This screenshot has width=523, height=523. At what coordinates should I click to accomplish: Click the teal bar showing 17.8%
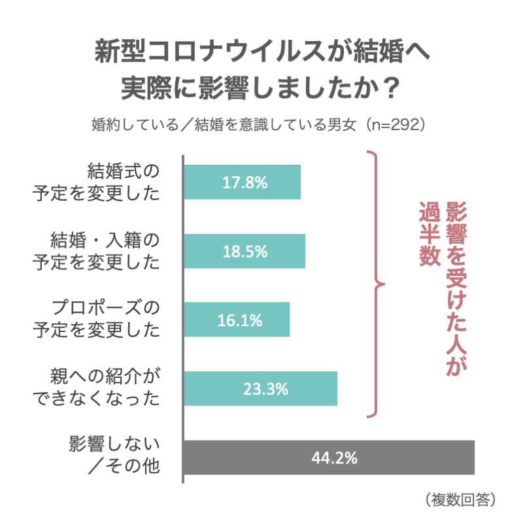coord(242,182)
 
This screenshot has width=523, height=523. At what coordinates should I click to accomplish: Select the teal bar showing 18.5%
coord(245,251)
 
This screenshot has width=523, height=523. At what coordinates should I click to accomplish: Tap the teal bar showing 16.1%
coord(237,320)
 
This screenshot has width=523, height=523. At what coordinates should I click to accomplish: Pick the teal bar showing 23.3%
coord(260,389)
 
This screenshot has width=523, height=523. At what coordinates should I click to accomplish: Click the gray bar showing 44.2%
coord(329,458)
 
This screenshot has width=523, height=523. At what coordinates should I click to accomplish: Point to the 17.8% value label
coord(245,182)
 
